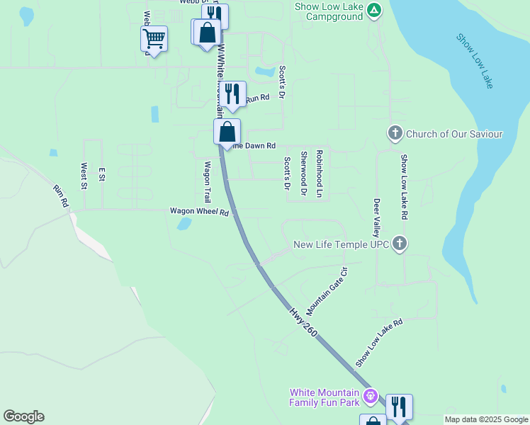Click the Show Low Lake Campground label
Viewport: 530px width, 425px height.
point(330,11)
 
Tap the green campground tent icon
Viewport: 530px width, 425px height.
point(374,10)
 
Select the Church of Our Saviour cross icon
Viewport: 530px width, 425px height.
point(395,133)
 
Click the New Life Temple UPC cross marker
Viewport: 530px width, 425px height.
point(400,244)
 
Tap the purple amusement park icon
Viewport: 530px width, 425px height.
point(368,395)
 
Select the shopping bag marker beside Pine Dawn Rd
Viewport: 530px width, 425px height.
point(227,132)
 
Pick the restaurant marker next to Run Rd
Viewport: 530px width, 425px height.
point(232,93)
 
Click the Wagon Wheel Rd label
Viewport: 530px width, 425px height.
point(200,212)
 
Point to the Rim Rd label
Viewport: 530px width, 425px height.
point(61,196)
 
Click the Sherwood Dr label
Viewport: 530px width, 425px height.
point(303,174)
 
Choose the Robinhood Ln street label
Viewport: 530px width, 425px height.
point(320,174)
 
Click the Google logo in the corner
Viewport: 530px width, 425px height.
point(23,416)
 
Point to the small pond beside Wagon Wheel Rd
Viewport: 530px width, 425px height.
point(184,224)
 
